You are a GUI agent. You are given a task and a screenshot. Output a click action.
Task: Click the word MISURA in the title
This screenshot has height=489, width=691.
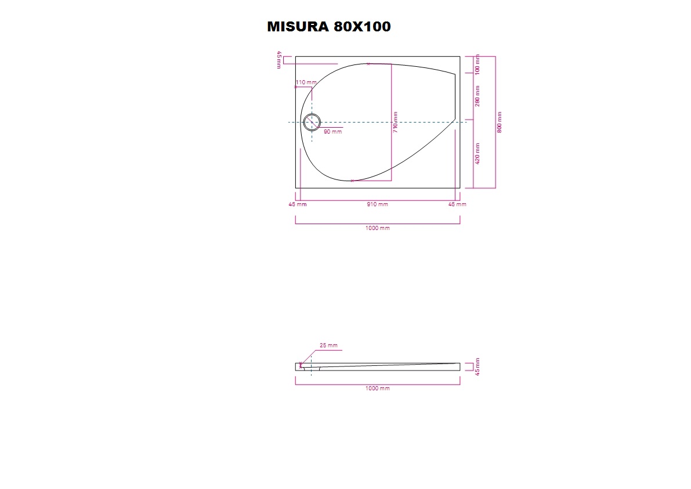tap(298, 27)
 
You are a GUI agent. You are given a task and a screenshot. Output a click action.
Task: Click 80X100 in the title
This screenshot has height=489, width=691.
tap(362, 27)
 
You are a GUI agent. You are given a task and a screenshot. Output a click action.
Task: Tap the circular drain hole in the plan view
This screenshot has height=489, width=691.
tap(312, 123)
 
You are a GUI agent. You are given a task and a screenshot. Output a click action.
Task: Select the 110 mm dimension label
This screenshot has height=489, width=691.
tap(306, 82)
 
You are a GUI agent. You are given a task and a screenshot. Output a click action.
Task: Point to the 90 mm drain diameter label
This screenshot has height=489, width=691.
tap(332, 132)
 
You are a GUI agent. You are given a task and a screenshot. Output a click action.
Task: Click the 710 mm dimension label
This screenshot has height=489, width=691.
tap(395, 122)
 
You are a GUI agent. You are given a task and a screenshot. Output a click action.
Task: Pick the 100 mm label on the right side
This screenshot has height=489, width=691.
tap(477, 65)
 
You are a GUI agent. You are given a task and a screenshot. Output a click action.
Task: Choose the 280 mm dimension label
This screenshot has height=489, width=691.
tap(477, 96)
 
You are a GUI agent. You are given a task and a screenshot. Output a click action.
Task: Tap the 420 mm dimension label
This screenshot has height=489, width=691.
tap(477, 153)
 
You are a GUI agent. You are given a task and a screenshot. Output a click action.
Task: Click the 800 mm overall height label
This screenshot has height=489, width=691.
tap(500, 122)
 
